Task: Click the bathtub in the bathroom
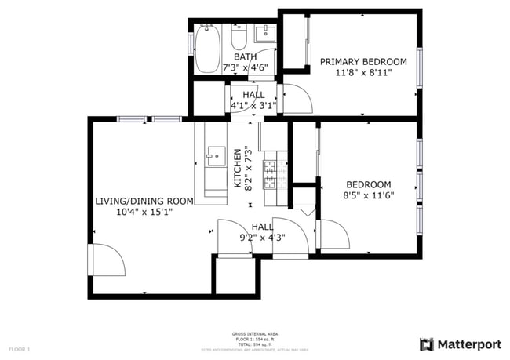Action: click(x=207, y=49)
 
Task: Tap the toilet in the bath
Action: click(x=239, y=38)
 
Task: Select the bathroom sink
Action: click(x=266, y=33)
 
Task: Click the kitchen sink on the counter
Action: click(x=215, y=156)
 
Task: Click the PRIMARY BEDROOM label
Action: click(x=363, y=62)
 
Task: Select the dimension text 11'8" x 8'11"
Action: click(x=363, y=73)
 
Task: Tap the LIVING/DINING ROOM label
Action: click(x=144, y=201)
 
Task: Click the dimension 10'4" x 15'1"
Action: click(x=144, y=212)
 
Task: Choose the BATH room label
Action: click(x=245, y=56)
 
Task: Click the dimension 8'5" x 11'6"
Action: click(x=368, y=195)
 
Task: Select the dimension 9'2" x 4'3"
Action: click(x=262, y=237)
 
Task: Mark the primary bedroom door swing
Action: click(x=299, y=98)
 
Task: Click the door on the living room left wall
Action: click(x=107, y=259)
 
